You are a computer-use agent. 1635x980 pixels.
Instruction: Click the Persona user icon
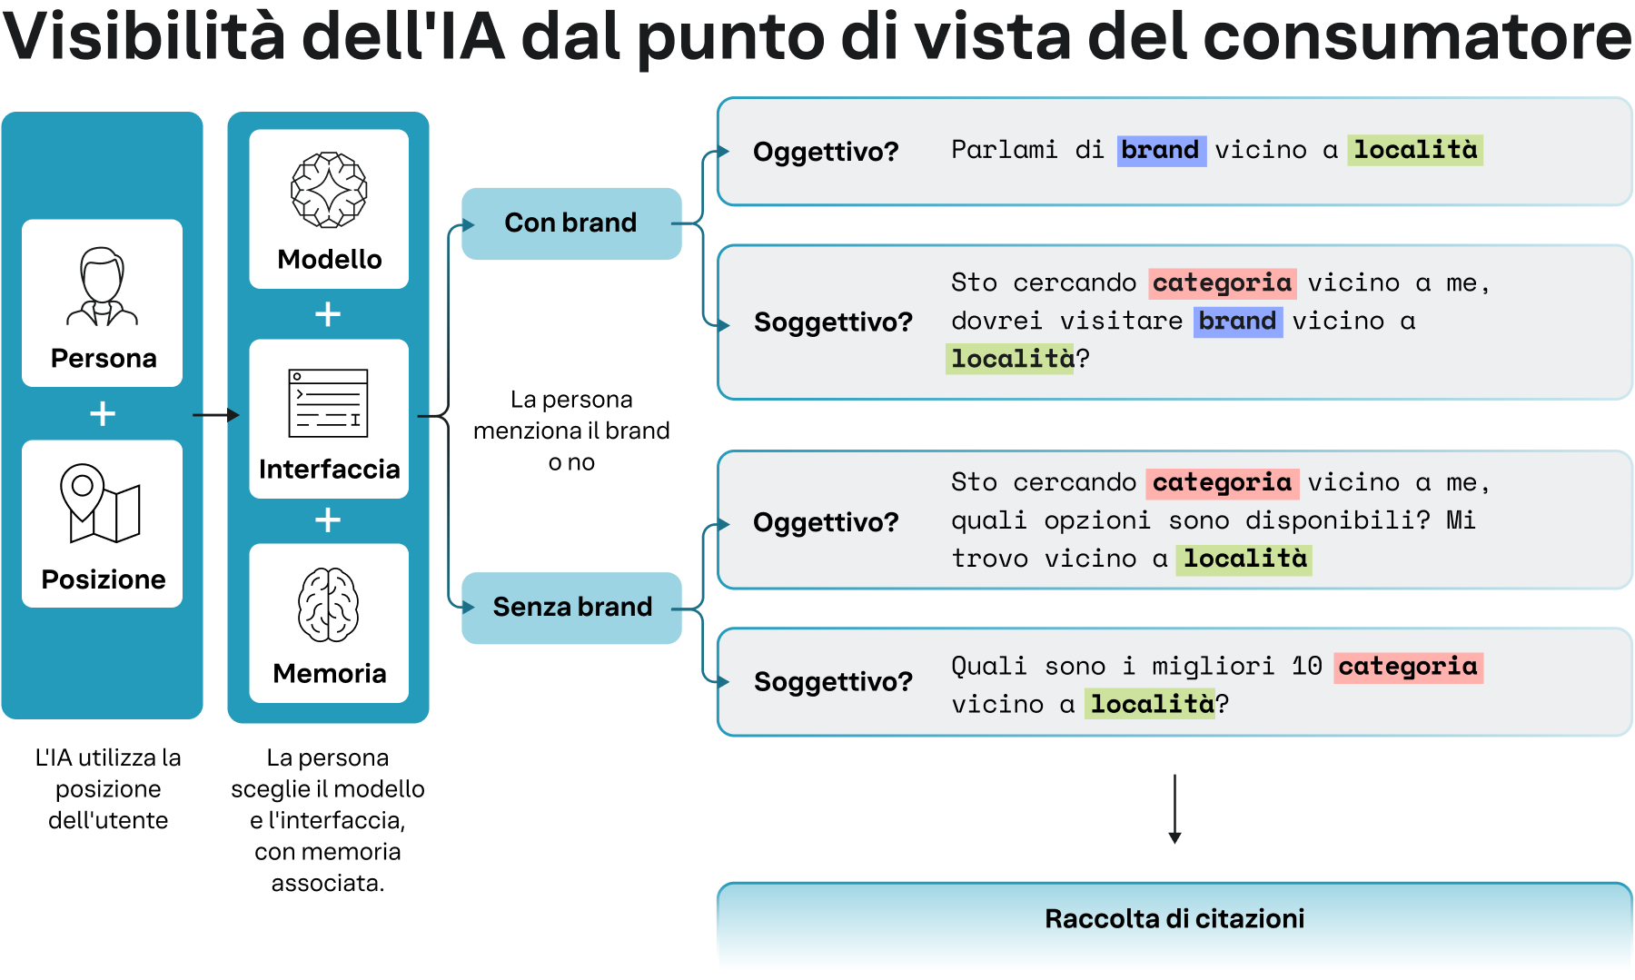coord(102,286)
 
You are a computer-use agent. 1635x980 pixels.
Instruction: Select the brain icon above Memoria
coord(328,605)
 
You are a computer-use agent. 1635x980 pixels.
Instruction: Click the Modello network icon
coord(329,189)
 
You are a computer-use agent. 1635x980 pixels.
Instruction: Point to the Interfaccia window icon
coord(328,403)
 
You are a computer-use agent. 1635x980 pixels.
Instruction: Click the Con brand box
coord(571,223)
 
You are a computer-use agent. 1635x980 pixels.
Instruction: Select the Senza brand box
coord(571,608)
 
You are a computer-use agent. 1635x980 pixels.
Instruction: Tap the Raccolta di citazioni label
coord(1174,919)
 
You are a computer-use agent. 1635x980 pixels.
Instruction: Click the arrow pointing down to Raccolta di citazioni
coord(1174,809)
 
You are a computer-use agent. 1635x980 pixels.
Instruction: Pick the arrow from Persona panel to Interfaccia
coord(216,415)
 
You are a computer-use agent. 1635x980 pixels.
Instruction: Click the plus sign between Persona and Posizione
coord(103,414)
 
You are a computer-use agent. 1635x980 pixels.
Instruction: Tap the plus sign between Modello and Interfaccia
coord(328,314)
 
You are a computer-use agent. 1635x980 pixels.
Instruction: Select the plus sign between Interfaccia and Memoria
coord(328,520)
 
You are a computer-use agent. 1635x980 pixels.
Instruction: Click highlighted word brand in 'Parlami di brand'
coord(1160,150)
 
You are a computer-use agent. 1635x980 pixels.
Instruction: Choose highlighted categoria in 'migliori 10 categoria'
coord(1407,667)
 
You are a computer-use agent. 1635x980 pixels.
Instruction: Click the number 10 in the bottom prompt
coord(1306,667)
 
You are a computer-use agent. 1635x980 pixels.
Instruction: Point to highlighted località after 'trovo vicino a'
coord(1244,559)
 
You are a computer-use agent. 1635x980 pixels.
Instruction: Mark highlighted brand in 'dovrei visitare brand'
coord(1237,321)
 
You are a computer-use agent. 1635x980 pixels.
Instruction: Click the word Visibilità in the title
coord(144,36)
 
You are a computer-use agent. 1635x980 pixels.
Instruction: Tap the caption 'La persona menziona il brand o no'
coord(571,431)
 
